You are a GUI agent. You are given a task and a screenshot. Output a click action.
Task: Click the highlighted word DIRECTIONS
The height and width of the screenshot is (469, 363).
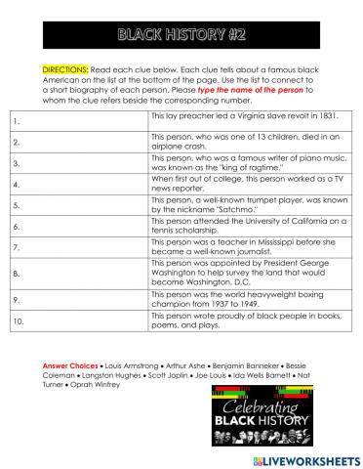65,70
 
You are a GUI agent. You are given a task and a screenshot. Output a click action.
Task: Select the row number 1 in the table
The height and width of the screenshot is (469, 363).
18,120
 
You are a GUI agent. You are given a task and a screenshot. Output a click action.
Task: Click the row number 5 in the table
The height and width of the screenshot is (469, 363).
18,206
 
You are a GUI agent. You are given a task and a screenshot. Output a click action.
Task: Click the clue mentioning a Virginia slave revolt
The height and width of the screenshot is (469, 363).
244,115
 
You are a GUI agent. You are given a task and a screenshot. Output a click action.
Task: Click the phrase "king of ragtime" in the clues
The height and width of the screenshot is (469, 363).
233,167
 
